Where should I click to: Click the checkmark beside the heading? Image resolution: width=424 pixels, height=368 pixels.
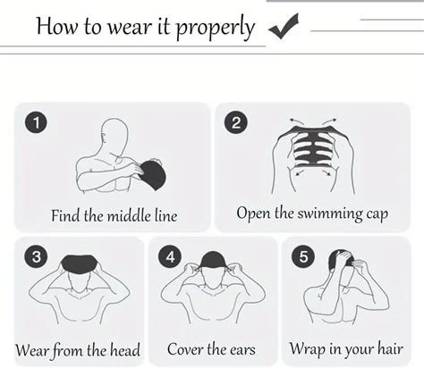click(x=284, y=26)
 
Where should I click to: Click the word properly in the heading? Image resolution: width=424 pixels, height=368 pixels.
click(x=215, y=28)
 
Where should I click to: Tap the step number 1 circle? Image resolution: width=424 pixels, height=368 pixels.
click(x=36, y=122)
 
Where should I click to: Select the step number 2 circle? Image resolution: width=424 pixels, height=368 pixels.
click(x=235, y=122)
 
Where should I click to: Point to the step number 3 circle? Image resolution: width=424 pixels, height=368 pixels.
click(x=36, y=256)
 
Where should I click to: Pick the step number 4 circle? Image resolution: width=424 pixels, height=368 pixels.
click(x=170, y=256)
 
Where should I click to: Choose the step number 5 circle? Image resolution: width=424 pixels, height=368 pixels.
click(x=303, y=256)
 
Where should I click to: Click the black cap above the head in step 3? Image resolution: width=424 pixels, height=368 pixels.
click(x=79, y=263)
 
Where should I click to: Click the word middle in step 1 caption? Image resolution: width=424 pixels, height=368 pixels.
click(x=129, y=215)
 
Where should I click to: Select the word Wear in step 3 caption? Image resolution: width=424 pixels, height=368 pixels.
click(x=31, y=350)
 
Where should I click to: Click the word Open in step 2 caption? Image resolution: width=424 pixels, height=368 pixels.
click(x=253, y=214)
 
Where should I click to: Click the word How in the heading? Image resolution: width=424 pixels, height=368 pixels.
click(x=56, y=26)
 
